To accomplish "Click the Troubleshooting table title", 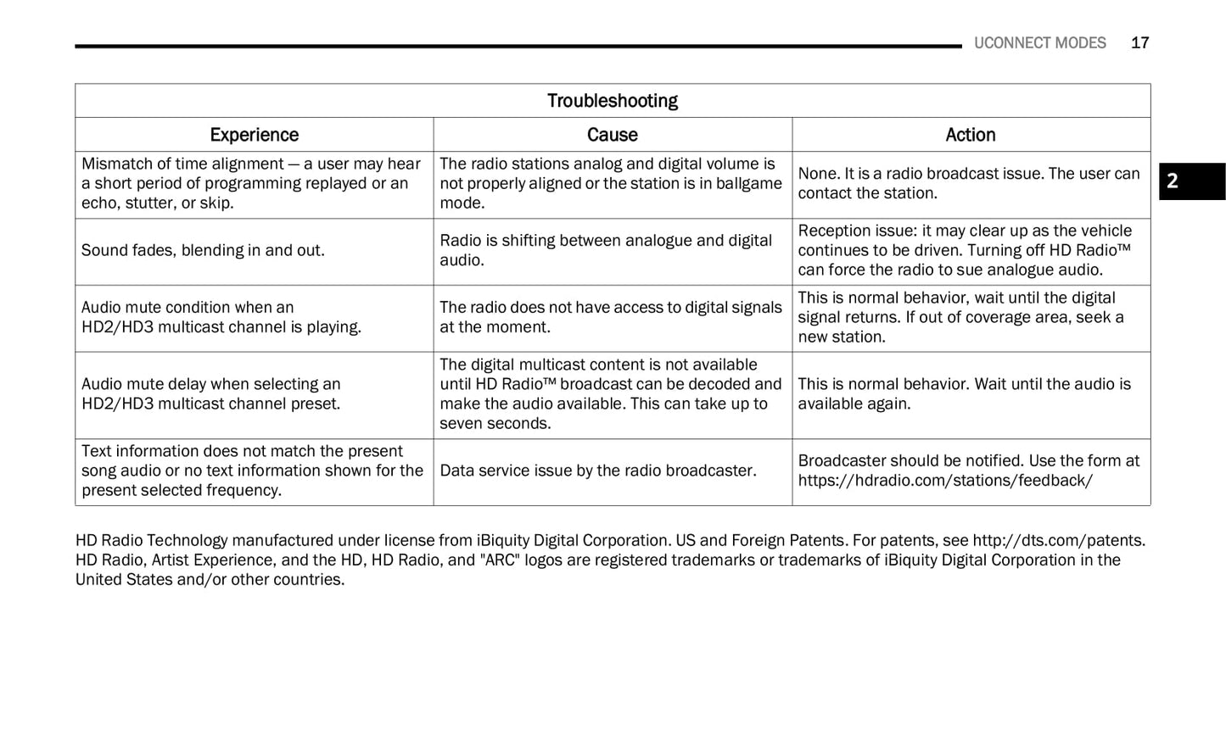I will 612,101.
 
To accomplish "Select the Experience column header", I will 254,135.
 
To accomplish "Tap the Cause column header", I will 612,135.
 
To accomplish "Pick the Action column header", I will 970,135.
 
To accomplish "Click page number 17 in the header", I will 1139,43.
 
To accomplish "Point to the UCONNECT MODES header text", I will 1039,43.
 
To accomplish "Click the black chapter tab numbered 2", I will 1191,181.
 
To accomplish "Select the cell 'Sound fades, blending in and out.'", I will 203,251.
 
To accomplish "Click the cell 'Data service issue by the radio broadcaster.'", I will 597,471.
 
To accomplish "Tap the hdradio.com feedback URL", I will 944,481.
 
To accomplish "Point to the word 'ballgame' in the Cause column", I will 749,184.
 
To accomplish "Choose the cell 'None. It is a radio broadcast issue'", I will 968,184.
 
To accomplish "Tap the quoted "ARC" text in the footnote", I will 500,560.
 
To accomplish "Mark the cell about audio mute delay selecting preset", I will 210,394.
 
